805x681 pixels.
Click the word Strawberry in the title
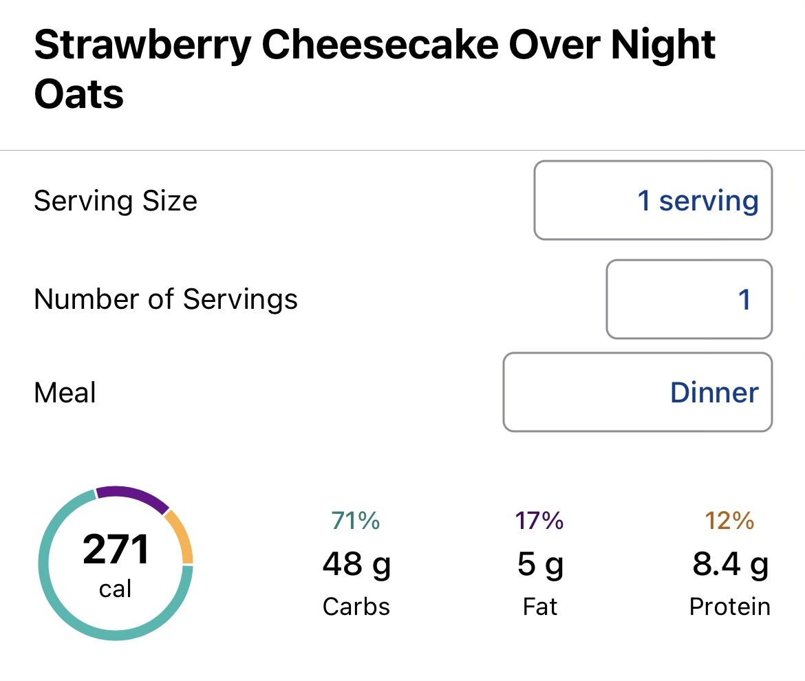point(141,45)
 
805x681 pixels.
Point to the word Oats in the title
point(79,94)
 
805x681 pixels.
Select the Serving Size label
point(116,201)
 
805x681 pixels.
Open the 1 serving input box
point(653,201)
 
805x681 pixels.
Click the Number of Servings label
point(166,299)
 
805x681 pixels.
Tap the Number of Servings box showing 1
point(689,299)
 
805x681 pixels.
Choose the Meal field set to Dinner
point(637,392)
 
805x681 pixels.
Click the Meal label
point(65,393)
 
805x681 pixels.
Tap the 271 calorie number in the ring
point(116,550)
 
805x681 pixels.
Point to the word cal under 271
point(116,589)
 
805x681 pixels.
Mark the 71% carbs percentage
point(355,521)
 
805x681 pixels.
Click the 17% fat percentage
point(539,521)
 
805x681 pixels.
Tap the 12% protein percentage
point(729,521)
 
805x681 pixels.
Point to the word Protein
point(729,607)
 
